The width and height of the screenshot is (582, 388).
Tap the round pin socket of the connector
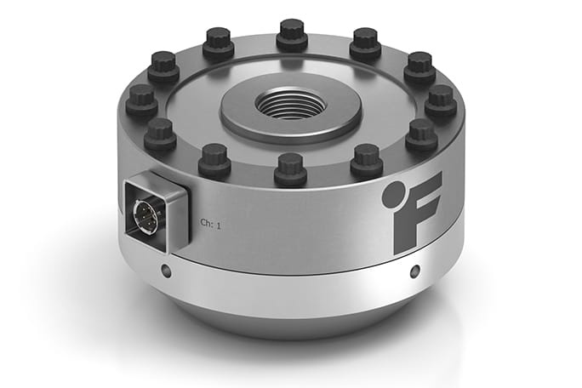click(x=145, y=212)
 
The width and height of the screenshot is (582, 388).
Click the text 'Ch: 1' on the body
click(x=211, y=224)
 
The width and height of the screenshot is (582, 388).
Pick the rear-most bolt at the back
click(x=292, y=34)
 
